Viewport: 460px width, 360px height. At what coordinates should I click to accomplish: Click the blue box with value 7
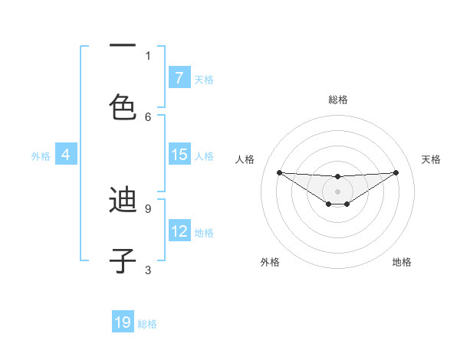(179, 78)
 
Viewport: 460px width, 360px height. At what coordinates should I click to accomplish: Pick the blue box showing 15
(179, 155)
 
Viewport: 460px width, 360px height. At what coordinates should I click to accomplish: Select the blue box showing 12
(179, 231)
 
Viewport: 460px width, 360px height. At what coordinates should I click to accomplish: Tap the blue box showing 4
(66, 155)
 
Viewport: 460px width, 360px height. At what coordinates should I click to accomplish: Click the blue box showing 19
(123, 322)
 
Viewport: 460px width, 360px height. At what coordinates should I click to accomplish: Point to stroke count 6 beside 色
(148, 116)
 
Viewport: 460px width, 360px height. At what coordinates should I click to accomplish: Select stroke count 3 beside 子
(148, 270)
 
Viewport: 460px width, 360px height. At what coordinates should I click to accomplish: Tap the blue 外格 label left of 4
(41, 156)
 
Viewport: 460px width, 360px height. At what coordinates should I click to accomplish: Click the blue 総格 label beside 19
(147, 323)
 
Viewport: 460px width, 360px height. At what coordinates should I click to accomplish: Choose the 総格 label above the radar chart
(337, 100)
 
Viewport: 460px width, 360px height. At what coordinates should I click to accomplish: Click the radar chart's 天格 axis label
(431, 159)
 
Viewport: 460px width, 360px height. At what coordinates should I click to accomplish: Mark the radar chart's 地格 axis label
(402, 262)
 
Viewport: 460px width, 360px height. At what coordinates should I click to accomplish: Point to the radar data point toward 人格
(279, 172)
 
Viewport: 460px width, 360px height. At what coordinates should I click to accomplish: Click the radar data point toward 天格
(396, 172)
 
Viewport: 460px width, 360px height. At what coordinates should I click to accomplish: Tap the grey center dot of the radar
(337, 191)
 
